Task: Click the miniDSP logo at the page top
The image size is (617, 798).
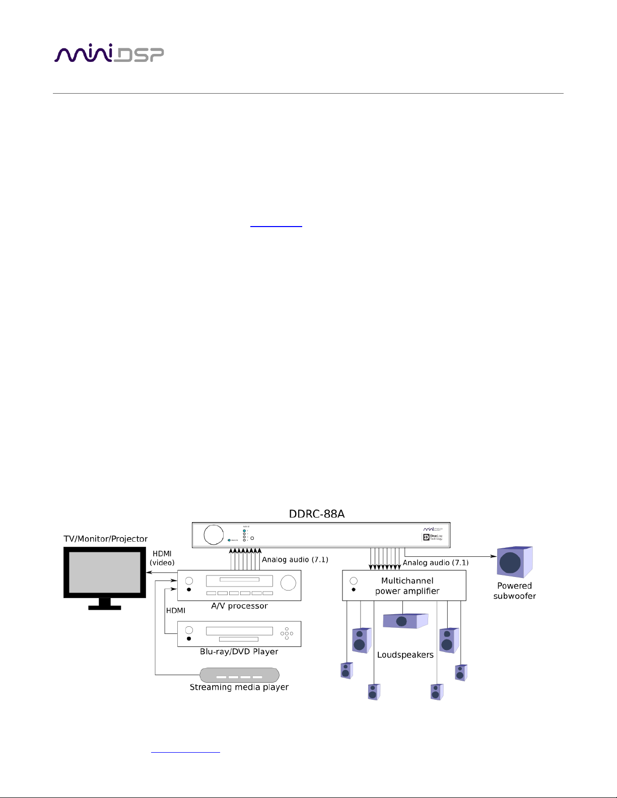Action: tap(109, 54)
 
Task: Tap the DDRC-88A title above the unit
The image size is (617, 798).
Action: tap(316, 514)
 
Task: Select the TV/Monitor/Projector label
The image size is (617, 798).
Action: tap(106, 539)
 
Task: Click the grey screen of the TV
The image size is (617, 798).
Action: tap(104, 572)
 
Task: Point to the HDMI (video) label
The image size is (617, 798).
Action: tap(162, 558)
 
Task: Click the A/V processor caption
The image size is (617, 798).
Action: tap(239, 606)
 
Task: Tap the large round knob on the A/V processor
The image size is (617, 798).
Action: tap(288, 583)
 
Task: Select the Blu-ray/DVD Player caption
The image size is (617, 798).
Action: tap(239, 651)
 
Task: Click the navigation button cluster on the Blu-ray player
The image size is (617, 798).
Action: tap(287, 633)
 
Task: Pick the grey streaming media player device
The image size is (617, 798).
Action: tap(239, 675)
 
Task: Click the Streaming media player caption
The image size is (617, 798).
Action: tap(239, 687)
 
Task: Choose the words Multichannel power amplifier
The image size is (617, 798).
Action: tap(407, 586)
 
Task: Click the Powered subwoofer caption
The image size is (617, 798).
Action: tap(514, 591)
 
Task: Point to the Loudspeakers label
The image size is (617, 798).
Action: tap(405, 655)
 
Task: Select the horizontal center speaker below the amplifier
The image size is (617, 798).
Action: tap(404, 621)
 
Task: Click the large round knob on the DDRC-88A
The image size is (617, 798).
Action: tap(214, 535)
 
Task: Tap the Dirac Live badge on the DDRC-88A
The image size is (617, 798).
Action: tap(433, 537)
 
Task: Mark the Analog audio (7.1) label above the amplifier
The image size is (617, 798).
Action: tap(436, 563)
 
